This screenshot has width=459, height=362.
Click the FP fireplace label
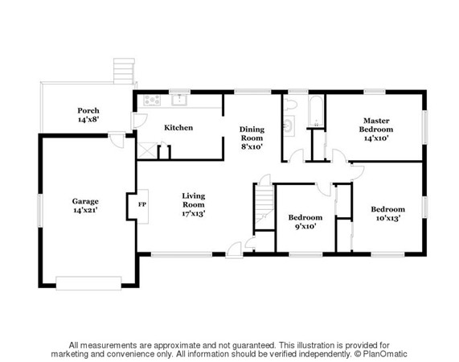(x=142, y=204)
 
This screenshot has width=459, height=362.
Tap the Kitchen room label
(x=178, y=128)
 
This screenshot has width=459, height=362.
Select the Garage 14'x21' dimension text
(x=85, y=210)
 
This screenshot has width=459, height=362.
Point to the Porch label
(x=88, y=111)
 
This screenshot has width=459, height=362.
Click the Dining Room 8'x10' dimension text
(x=252, y=146)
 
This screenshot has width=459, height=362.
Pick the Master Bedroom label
(x=376, y=125)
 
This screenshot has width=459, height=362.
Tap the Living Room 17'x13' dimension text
(x=194, y=213)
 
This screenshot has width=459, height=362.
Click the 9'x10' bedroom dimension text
(x=305, y=226)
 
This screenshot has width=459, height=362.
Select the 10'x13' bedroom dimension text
(x=388, y=218)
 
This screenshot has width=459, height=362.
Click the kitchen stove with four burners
(x=152, y=100)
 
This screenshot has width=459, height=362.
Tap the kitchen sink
(x=179, y=100)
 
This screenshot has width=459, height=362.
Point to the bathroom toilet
(x=290, y=105)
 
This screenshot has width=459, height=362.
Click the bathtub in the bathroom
(x=316, y=111)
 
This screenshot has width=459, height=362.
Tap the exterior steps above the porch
(x=124, y=71)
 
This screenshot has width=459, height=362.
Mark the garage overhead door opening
(x=88, y=283)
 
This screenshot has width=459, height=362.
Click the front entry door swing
(x=234, y=250)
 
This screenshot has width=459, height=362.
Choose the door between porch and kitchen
(x=138, y=121)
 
